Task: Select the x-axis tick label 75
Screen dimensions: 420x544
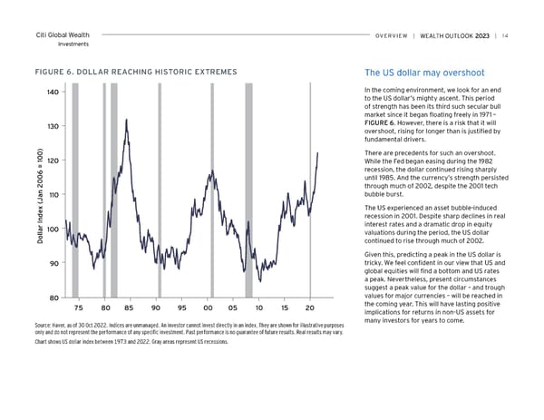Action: pyautogui.click(x=78, y=306)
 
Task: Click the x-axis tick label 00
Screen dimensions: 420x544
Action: pyautogui.click(x=208, y=306)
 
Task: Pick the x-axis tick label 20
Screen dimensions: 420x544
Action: pyautogui.click(x=310, y=306)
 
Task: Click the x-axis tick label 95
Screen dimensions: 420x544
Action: pyautogui.click(x=182, y=306)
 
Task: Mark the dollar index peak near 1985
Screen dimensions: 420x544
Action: pyautogui.click(x=126, y=120)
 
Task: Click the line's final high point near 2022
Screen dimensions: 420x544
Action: pyautogui.click(x=318, y=153)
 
